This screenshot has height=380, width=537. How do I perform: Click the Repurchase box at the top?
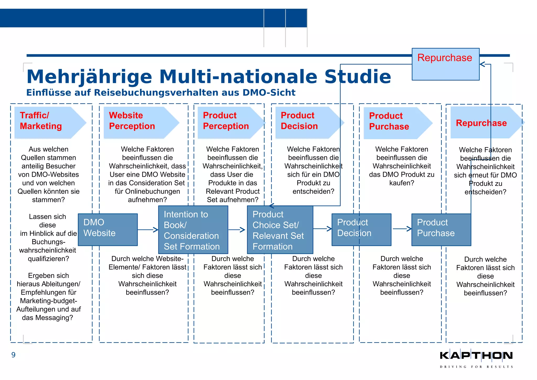[445, 64]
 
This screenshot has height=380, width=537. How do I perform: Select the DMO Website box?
[108, 230]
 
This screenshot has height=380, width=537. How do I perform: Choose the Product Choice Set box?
[280, 230]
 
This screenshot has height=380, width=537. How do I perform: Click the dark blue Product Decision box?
[361, 230]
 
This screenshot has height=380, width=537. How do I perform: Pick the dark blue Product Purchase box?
[441, 230]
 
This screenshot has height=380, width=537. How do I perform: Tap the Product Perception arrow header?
[228, 122]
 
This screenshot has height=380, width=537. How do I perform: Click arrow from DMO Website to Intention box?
[148, 230]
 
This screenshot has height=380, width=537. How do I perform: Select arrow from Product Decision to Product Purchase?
[402, 229]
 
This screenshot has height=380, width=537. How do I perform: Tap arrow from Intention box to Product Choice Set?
[237, 230]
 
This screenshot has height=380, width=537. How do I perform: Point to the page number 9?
[13, 355]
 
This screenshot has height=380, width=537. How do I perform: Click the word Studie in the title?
[358, 77]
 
